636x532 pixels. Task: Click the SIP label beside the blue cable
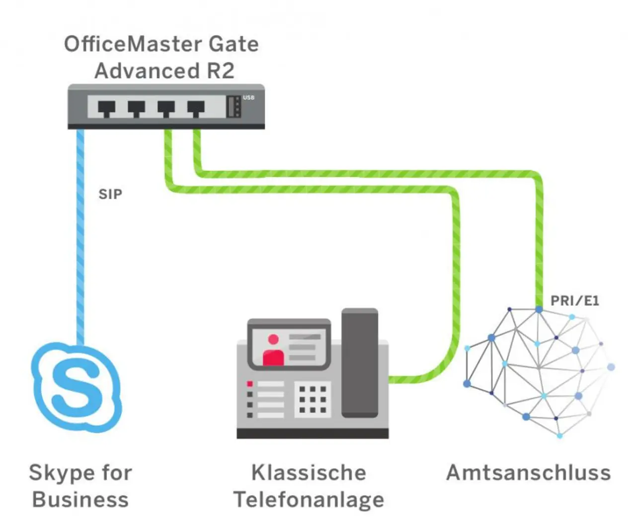(110, 194)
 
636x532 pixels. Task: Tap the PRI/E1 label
(575, 301)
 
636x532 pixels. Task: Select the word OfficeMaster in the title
(133, 44)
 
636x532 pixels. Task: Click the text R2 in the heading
(221, 71)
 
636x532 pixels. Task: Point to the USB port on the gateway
(234, 107)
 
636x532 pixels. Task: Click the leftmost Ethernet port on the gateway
(106, 108)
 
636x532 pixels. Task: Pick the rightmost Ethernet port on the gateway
(196, 108)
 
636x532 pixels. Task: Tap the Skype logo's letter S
(76, 388)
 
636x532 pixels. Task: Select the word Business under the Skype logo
(80, 500)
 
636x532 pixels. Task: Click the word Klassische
(309, 473)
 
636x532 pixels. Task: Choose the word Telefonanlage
(309, 500)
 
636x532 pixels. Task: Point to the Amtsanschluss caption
(529, 473)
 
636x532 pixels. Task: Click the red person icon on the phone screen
(273, 351)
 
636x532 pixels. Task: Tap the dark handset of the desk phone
(360, 363)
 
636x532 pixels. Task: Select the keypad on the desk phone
(313, 399)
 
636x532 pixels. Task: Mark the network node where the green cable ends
(539, 310)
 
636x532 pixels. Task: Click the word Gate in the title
(234, 44)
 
